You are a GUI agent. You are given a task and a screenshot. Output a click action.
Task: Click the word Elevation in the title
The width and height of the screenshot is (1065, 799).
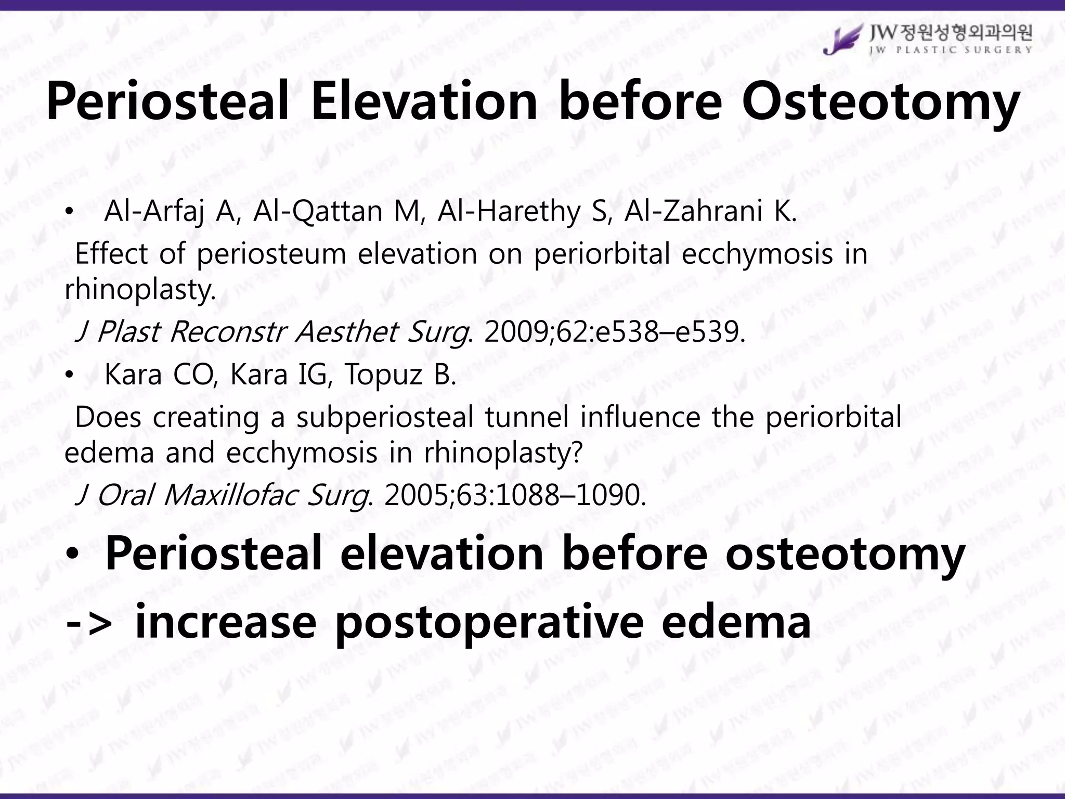[424, 101]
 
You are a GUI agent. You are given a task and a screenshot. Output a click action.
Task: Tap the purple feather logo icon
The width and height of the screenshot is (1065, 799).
[841, 39]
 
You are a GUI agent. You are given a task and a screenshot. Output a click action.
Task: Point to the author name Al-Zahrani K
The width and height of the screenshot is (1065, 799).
[710, 212]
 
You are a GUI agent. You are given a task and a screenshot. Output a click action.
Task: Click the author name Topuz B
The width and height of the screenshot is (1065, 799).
[400, 375]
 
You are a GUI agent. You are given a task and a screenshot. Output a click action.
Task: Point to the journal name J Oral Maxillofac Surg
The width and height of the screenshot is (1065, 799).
[222, 495]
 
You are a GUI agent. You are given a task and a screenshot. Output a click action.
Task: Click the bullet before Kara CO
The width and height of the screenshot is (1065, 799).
[70, 375]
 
